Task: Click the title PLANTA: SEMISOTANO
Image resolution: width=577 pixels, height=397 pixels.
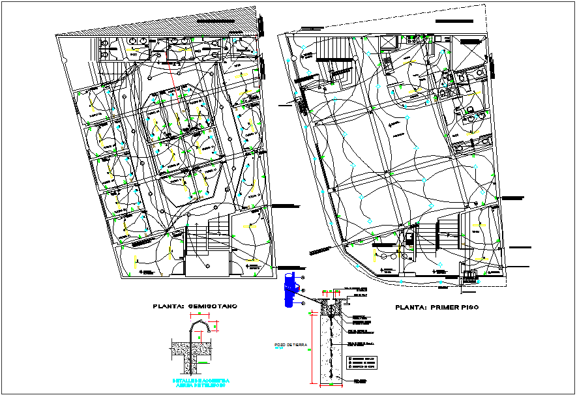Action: click(195, 306)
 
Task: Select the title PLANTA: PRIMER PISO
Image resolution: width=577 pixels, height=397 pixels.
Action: click(436, 306)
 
